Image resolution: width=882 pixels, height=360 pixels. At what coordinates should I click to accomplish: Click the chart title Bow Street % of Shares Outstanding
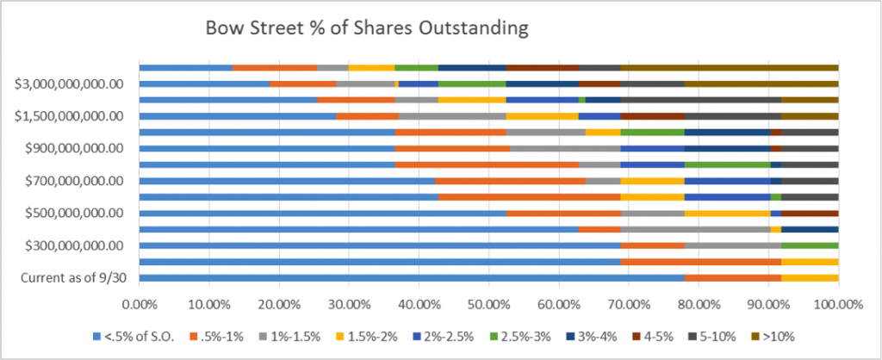coord(366,28)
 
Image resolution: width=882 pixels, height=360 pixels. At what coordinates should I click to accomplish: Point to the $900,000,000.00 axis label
coord(75,148)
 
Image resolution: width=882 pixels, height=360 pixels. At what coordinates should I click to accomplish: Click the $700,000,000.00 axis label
coord(75,181)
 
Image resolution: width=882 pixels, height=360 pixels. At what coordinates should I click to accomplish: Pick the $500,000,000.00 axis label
coord(75,213)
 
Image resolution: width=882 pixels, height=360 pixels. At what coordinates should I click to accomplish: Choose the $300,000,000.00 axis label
coord(75,245)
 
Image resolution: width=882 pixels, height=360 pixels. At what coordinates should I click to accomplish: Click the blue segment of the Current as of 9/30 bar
coord(411,277)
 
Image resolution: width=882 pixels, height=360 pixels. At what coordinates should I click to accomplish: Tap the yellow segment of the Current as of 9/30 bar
coord(810,277)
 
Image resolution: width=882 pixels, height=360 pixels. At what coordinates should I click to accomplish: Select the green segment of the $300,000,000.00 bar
coord(810,245)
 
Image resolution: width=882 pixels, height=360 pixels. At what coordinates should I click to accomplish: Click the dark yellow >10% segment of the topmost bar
coord(729,67)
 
